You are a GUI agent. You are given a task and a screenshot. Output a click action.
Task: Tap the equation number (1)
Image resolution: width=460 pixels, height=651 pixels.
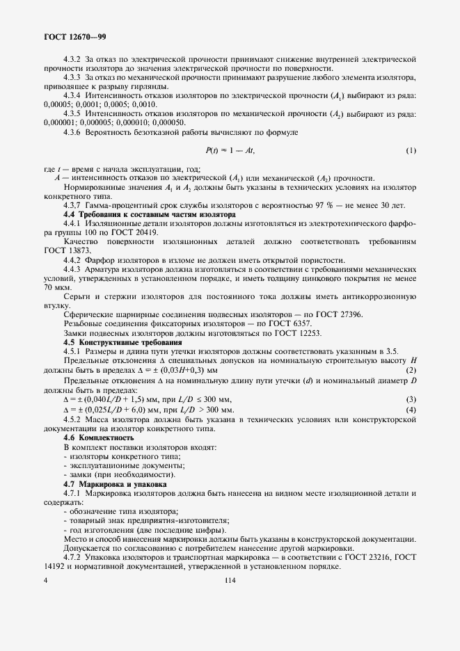tap(411, 150)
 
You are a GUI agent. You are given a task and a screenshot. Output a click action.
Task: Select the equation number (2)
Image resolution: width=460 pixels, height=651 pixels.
tap(411, 370)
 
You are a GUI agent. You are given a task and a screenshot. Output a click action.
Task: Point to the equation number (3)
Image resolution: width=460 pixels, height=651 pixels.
tap(411, 399)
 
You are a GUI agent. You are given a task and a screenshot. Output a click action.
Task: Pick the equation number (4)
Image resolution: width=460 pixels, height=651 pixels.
tap(411, 410)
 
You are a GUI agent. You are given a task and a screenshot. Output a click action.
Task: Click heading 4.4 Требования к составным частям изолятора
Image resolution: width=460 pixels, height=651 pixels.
tap(148, 215)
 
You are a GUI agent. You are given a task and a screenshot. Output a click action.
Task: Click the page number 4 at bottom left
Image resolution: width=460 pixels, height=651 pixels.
tap(45, 583)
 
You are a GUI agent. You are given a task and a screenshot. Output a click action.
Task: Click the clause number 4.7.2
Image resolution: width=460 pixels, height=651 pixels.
tap(73, 556)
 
